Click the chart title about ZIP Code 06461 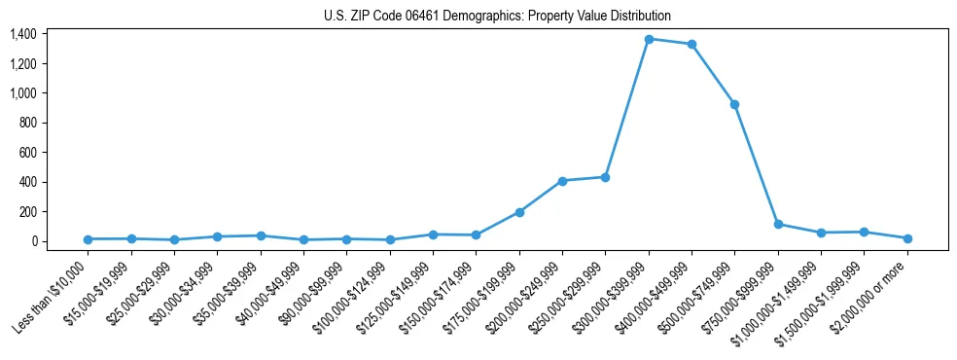[497, 16]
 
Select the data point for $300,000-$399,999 [649, 39]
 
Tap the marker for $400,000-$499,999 [691, 44]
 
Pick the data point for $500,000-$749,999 [734, 104]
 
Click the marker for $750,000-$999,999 [778, 224]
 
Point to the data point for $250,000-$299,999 [605, 177]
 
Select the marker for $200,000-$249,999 [562, 181]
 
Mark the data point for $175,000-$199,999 [519, 212]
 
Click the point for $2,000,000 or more [907, 238]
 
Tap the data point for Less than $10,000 [88, 239]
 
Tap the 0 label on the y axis [34, 241]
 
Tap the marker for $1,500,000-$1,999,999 [864, 232]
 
